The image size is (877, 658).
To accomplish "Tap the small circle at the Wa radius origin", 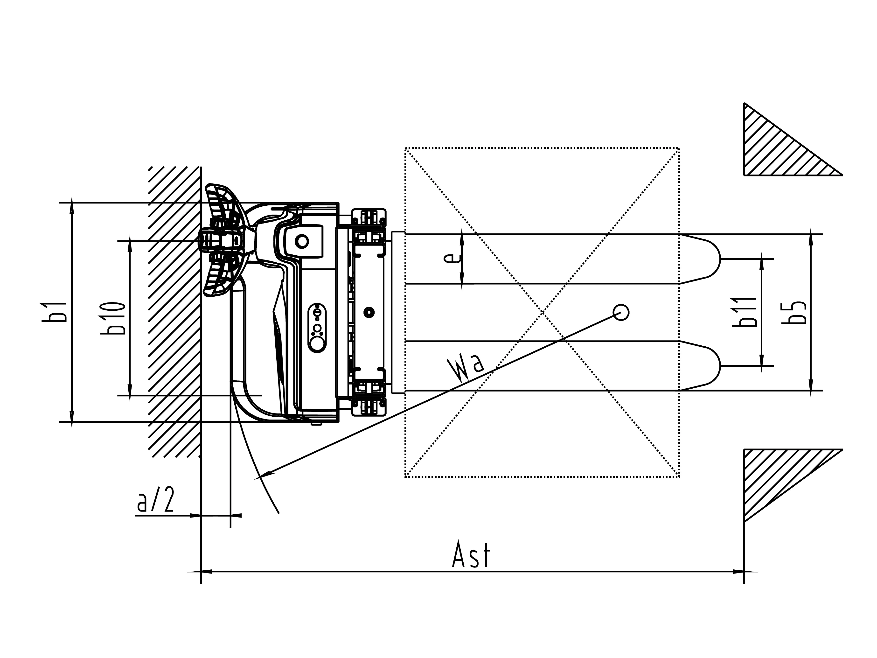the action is pyautogui.click(x=621, y=313).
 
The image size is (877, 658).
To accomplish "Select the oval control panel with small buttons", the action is pyautogui.click(x=317, y=328).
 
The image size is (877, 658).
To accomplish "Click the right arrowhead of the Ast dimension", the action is pyautogui.click(x=738, y=572).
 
